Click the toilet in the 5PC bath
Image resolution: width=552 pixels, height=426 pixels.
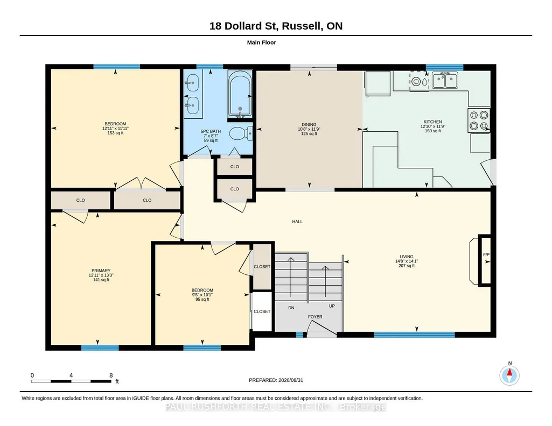click(x=241, y=133)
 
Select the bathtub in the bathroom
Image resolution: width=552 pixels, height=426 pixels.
click(x=240, y=94)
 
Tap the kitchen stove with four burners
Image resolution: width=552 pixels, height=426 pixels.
click(x=479, y=120)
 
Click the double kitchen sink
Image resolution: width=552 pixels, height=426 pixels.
click(x=445, y=81)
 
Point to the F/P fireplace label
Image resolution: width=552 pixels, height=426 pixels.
click(x=486, y=254)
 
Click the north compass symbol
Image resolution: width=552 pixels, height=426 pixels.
click(x=509, y=375)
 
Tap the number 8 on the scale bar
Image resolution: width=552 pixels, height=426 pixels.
click(x=111, y=375)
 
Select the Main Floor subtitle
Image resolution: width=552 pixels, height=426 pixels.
click(x=262, y=42)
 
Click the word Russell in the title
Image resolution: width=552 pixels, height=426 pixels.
click(x=302, y=26)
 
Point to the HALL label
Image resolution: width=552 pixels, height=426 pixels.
click(x=297, y=222)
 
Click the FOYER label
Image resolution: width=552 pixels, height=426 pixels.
click(x=315, y=317)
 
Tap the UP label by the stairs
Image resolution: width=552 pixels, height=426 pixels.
click(x=332, y=306)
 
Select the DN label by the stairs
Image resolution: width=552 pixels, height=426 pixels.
click(x=291, y=308)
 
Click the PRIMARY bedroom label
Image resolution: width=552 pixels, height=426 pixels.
click(x=101, y=271)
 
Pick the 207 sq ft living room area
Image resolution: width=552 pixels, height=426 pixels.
click(x=407, y=266)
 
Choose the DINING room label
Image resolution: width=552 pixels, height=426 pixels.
click(x=309, y=124)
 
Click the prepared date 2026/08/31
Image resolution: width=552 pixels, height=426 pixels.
click(x=291, y=380)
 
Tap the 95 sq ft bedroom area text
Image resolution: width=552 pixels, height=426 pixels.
click(x=202, y=299)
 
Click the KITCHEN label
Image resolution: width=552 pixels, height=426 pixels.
click(x=432, y=122)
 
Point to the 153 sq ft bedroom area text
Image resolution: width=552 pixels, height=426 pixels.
click(x=115, y=133)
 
